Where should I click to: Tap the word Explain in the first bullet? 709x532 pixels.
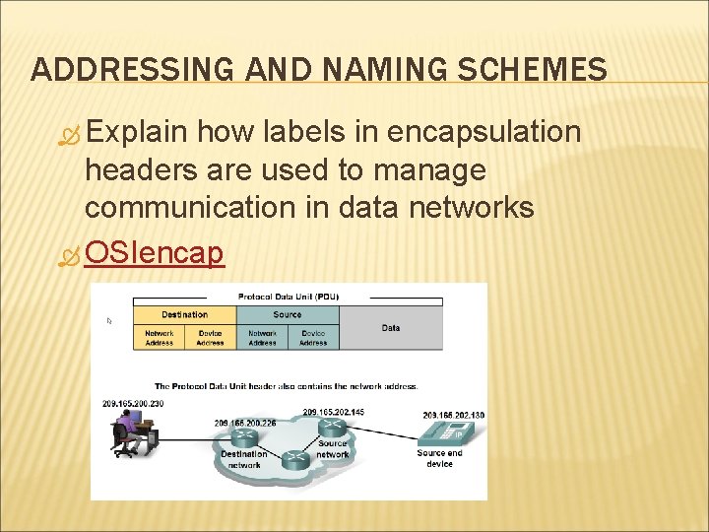137,132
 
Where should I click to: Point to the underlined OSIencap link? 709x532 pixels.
155,253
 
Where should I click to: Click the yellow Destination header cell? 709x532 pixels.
184,314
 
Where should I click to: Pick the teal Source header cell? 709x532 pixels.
288,314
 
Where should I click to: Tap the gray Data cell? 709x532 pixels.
391,327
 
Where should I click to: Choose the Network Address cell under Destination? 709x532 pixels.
159,337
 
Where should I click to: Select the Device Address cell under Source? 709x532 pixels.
313,337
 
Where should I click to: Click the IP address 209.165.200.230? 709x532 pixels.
132,404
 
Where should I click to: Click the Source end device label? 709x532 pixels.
439,458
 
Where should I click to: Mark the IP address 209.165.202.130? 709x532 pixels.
454,415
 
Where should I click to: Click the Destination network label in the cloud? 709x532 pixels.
243,459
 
